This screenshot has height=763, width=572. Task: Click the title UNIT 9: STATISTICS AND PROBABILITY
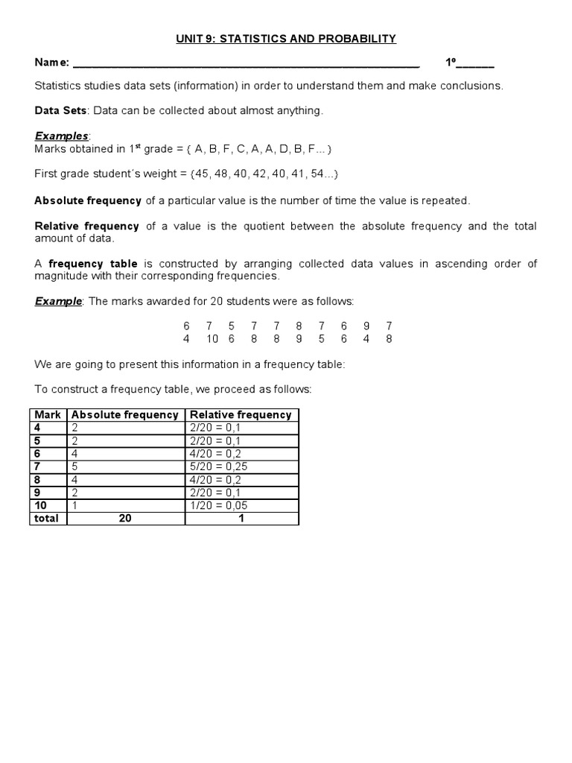pyautogui.click(x=286, y=38)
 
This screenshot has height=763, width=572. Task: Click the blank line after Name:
pyautogui.click(x=246, y=64)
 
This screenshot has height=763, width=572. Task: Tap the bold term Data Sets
pyautogui.click(x=61, y=110)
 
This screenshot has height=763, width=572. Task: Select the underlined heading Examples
pyautogui.click(x=62, y=136)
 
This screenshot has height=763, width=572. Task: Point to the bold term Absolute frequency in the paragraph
pyautogui.click(x=88, y=200)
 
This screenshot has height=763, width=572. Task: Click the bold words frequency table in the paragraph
pyautogui.click(x=93, y=264)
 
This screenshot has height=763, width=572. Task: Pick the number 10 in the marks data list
pyautogui.click(x=212, y=338)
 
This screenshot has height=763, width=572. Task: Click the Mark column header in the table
pyautogui.click(x=48, y=415)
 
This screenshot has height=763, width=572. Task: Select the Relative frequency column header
pyautogui.click(x=241, y=415)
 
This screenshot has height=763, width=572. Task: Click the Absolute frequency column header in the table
pyautogui.click(x=125, y=415)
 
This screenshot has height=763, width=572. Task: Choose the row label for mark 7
pyautogui.click(x=38, y=466)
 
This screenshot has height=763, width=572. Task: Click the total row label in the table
pyautogui.click(x=46, y=519)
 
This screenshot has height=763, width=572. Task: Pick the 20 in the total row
pyautogui.click(x=125, y=519)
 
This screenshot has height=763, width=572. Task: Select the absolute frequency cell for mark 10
pyautogui.click(x=74, y=505)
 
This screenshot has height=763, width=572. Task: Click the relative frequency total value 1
pyautogui.click(x=241, y=519)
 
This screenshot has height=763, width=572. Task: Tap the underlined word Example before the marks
pyautogui.click(x=58, y=301)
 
